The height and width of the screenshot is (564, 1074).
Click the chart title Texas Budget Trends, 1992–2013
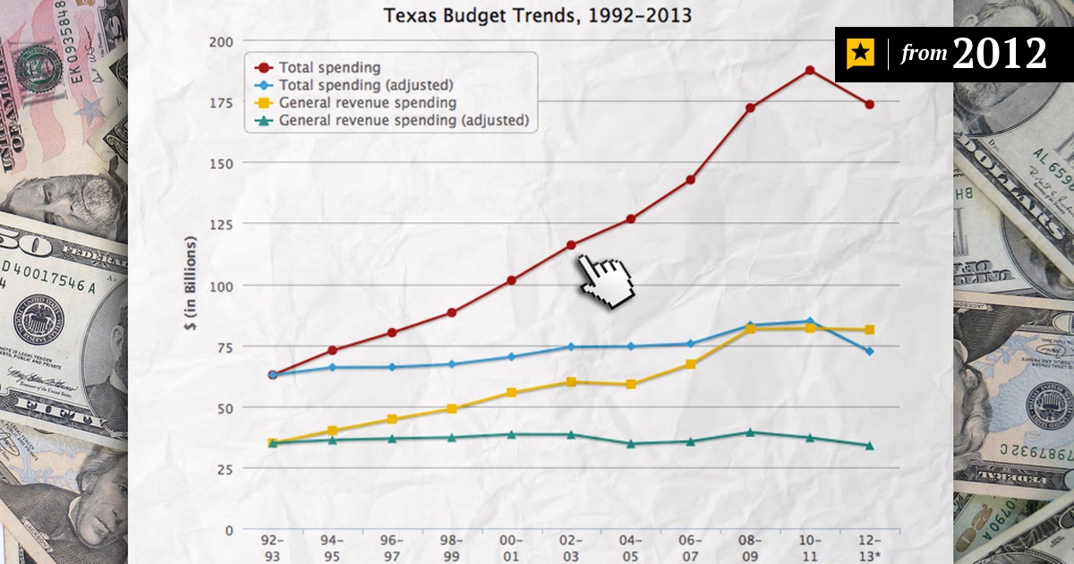click(x=537, y=15)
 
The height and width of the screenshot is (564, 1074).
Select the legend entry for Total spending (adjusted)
click(x=365, y=85)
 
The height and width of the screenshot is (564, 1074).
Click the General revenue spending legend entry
click(x=367, y=102)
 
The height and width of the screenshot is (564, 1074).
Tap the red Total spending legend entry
click(x=329, y=67)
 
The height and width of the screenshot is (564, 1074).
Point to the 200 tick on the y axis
click(x=221, y=42)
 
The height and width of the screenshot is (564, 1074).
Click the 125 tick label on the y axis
click(x=221, y=224)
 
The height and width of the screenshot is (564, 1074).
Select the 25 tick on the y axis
click(x=225, y=469)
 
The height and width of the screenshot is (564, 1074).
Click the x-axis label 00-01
click(x=511, y=548)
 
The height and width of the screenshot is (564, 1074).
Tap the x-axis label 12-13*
click(x=869, y=548)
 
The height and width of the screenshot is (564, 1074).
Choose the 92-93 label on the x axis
click(x=273, y=548)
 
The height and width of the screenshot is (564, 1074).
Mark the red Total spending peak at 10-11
click(x=809, y=70)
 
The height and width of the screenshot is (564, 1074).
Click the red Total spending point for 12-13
click(x=869, y=105)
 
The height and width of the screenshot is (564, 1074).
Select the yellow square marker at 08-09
click(x=750, y=329)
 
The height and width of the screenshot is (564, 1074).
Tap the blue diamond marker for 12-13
click(x=869, y=351)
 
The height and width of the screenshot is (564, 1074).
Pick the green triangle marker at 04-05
click(x=631, y=443)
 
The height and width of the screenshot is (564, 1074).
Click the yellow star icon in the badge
click(x=860, y=55)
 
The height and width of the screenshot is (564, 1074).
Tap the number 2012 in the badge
click(x=999, y=55)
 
